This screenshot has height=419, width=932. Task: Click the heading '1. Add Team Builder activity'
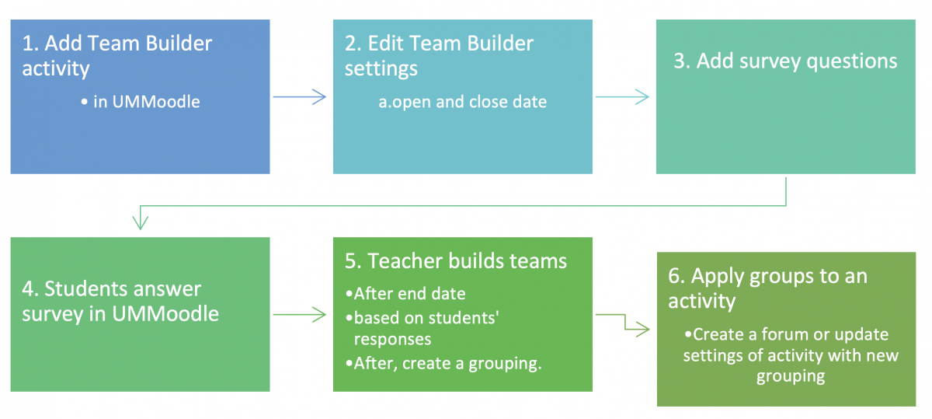[116, 56]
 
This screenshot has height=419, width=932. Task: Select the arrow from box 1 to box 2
[300, 97]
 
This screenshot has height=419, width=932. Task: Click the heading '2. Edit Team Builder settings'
[439, 56]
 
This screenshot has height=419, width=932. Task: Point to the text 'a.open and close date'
[462, 102]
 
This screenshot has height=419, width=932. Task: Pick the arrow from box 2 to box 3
[622, 97]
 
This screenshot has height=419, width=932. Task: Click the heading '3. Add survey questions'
[785, 61]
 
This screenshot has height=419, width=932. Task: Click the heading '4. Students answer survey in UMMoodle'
[120, 302]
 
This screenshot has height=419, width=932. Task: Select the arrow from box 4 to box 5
[300, 315]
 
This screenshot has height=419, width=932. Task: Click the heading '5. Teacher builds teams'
[456, 261]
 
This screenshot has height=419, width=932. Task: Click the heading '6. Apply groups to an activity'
[767, 288]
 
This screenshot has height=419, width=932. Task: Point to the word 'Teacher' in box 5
[407, 261]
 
